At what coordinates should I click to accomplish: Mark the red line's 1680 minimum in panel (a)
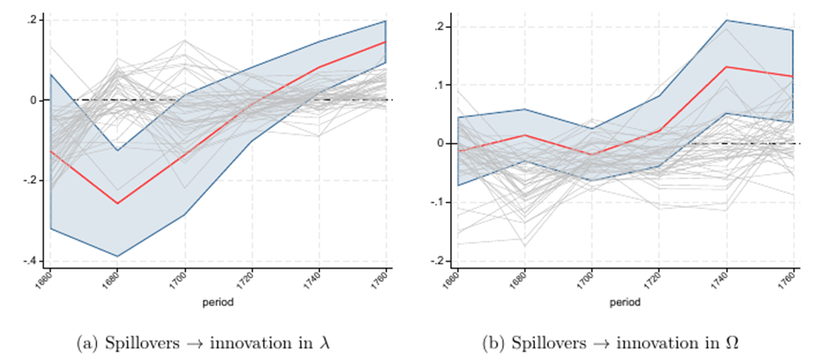[x=118, y=203]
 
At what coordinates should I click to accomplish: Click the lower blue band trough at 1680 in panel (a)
[x=118, y=256]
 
